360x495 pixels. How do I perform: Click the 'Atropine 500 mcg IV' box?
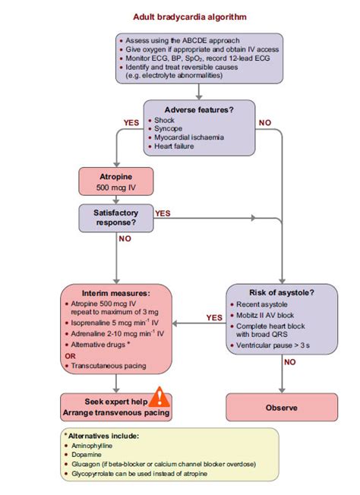[116, 182]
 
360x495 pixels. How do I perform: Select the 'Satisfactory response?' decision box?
[116, 219]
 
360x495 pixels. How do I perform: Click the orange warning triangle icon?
[160, 396]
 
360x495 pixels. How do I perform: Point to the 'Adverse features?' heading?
[199, 110]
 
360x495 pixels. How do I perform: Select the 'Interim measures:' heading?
[115, 293]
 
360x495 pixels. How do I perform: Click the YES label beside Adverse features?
[131, 121]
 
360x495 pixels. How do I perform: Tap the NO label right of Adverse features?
[265, 121]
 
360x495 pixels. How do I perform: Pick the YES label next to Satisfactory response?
[163, 213]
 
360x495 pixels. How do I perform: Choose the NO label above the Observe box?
[290, 362]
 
